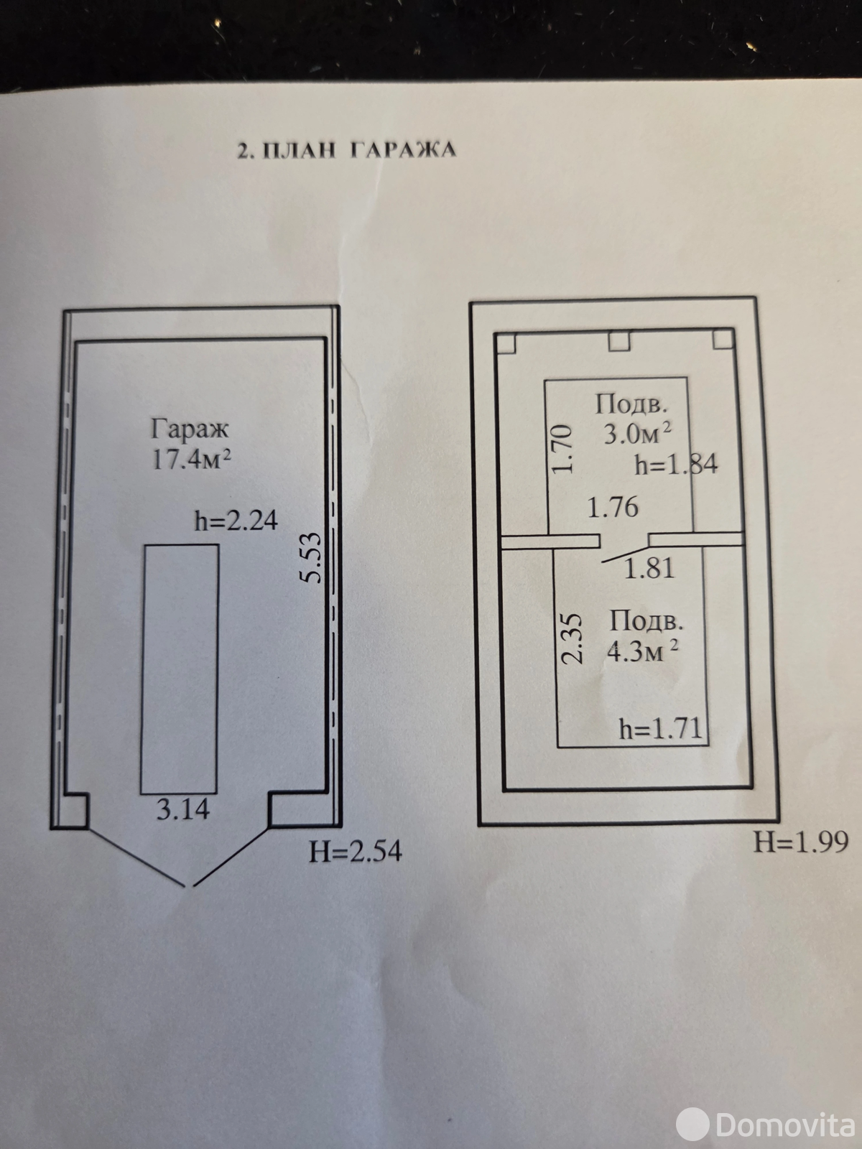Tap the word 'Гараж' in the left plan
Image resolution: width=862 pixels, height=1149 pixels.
(190, 429)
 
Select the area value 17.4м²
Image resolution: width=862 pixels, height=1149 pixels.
(191, 459)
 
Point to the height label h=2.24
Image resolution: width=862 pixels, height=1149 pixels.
(236, 521)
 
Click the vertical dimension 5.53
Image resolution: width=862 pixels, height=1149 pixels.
(310, 558)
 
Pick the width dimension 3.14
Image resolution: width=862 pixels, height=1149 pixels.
(183, 809)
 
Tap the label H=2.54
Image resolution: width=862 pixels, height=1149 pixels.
(356, 852)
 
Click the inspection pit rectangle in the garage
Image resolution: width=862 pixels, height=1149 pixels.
(180, 669)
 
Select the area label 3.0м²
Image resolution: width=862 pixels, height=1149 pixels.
(637, 434)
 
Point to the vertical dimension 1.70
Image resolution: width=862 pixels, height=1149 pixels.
(562, 449)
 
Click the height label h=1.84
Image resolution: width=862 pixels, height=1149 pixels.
(676, 465)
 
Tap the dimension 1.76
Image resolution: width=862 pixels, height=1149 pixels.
(613, 507)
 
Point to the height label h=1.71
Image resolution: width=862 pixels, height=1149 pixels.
(660, 729)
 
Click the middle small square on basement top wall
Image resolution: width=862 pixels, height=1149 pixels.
(619, 341)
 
